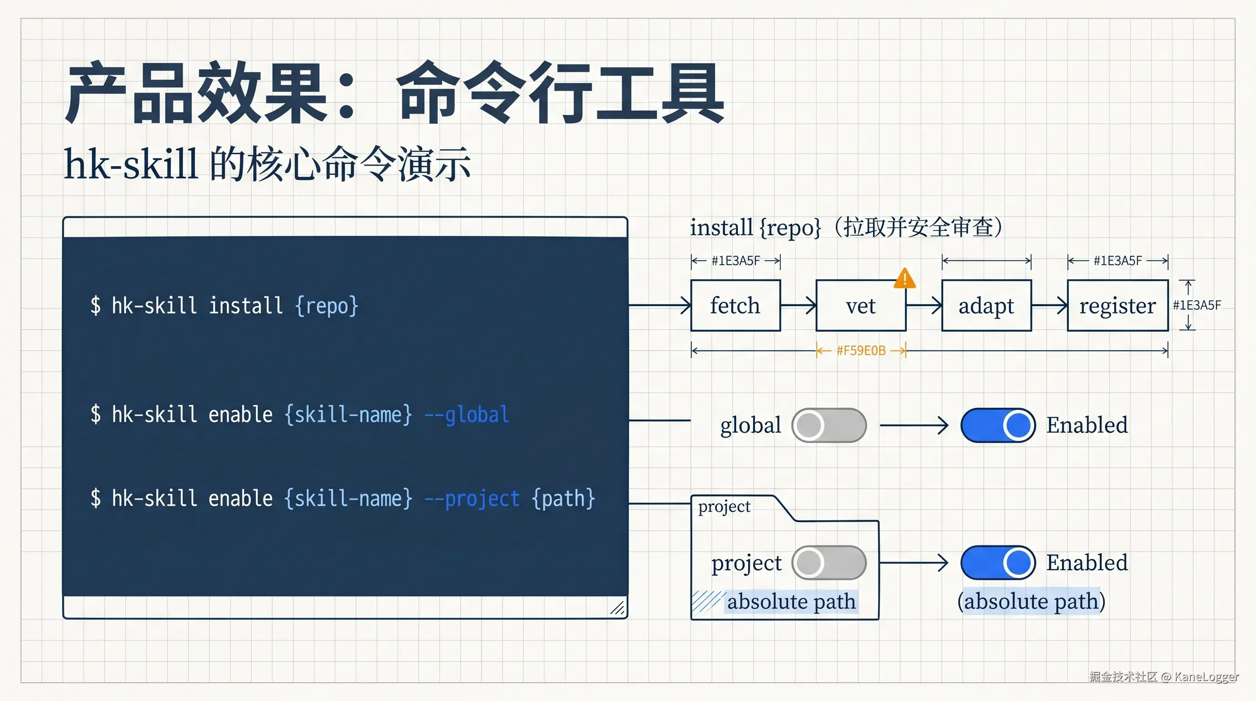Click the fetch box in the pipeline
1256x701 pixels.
click(735, 306)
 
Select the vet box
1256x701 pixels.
click(861, 306)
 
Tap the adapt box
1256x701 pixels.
click(986, 306)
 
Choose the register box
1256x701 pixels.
click(1118, 306)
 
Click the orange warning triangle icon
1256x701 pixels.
click(905, 279)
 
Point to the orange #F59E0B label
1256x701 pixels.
click(861, 350)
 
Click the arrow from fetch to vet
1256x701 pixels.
click(798, 306)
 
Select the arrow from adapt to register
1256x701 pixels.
click(1049, 306)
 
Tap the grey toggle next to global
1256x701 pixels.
click(829, 425)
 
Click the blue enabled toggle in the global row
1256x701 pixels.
click(998, 425)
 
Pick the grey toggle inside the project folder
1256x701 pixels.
click(829, 563)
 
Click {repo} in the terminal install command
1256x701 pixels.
click(327, 306)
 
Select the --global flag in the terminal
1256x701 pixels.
click(466, 415)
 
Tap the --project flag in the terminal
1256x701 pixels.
click(472, 499)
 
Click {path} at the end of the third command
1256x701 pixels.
click(564, 499)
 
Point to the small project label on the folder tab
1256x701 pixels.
click(724, 507)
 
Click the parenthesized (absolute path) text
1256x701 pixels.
click(1031, 601)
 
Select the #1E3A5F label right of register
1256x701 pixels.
click(1197, 306)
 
